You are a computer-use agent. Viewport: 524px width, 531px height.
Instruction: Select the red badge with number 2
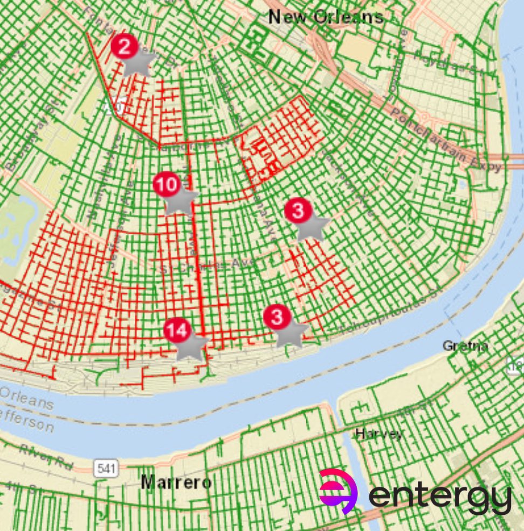pyautogui.click(x=125, y=47)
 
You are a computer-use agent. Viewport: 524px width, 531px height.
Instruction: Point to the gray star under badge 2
pyautogui.click(x=137, y=62)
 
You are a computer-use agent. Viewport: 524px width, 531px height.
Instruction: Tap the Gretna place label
pyautogui.click(x=465, y=345)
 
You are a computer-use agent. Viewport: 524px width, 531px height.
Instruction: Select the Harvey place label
pyautogui.click(x=378, y=434)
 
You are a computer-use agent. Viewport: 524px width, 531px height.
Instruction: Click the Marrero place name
pyautogui.click(x=176, y=482)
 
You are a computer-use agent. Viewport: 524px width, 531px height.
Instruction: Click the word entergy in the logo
pyautogui.click(x=439, y=497)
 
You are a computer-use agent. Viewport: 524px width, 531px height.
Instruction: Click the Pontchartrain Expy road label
pyautogui.click(x=447, y=140)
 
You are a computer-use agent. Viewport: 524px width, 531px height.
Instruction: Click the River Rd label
pyautogui.click(x=46, y=456)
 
